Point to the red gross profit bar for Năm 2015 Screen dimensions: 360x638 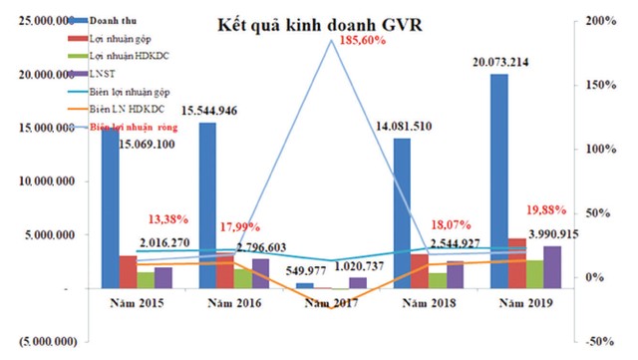coord(128,271)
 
